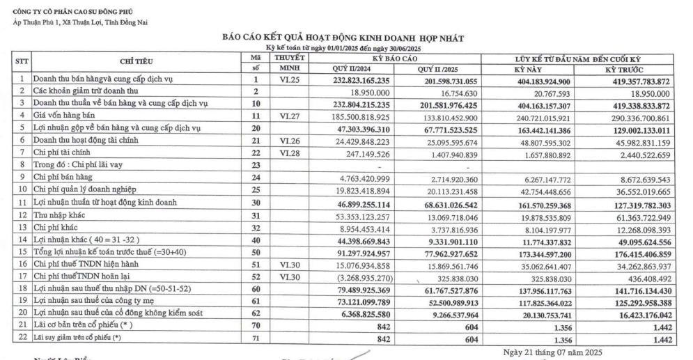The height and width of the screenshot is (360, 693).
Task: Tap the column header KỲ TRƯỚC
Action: (623, 69)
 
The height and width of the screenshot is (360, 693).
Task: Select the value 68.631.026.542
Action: (448, 205)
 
